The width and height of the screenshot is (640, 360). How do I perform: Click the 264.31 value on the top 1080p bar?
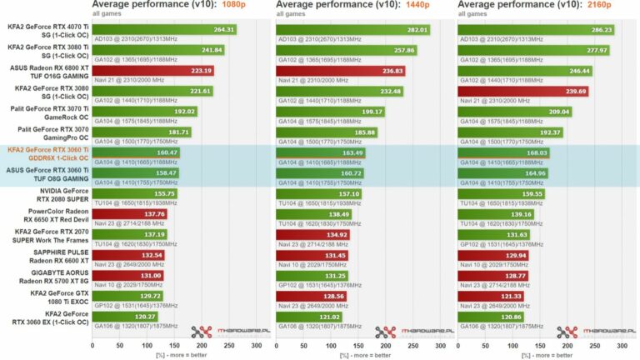coord(224,30)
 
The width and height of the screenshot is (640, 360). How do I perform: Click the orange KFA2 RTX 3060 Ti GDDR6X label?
coord(50,153)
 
